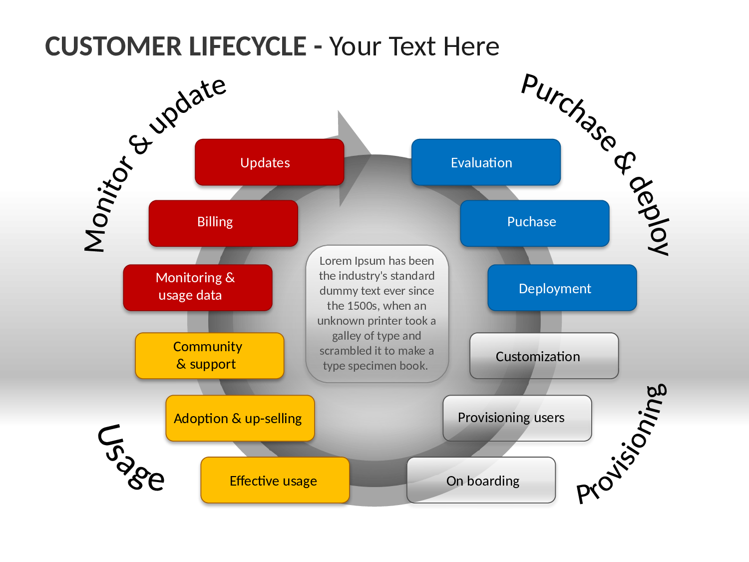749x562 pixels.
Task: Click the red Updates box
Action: tap(269, 162)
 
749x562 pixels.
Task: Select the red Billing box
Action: tap(223, 223)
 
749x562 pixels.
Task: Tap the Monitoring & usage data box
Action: tap(198, 287)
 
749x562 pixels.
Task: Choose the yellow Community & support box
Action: tap(210, 356)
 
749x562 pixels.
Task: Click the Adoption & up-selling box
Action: tap(240, 418)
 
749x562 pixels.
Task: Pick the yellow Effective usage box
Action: tap(275, 480)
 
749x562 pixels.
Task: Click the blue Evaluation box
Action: tap(486, 162)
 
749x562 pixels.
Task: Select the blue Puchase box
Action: tap(535, 223)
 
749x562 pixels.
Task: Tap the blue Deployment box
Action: tap(562, 287)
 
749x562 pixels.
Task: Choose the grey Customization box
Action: tap(544, 356)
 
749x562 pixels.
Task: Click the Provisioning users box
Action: tap(517, 418)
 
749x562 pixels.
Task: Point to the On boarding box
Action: tap(481, 480)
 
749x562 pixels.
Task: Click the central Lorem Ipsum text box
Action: tap(376, 314)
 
